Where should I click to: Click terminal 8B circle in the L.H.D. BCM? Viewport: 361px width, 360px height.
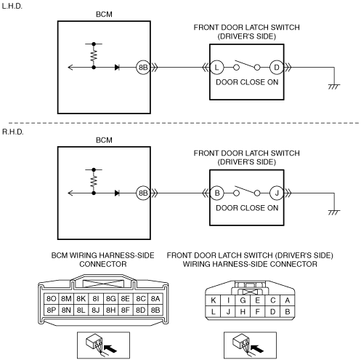143,68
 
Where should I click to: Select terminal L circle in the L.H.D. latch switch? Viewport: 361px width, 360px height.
216,68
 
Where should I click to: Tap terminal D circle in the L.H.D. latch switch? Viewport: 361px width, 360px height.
277,68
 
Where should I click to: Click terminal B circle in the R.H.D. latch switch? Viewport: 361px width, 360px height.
217,193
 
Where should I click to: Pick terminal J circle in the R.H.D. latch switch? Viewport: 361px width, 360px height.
277,193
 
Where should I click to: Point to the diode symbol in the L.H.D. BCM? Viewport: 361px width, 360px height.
117,68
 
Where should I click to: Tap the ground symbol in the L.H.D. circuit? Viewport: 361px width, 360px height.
334,87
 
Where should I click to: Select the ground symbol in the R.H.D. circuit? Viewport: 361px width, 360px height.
334,212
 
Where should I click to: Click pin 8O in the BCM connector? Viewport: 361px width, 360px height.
52,299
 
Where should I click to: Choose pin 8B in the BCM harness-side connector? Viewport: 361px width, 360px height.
155,310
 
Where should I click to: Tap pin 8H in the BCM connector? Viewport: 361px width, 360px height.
110,310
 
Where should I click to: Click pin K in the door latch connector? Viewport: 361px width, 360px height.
213,300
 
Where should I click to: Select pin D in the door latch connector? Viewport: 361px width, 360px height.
272,311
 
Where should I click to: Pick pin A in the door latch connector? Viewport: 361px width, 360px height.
288,300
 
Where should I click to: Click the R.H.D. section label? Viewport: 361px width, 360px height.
13,132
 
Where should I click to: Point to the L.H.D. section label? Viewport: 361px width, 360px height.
12,6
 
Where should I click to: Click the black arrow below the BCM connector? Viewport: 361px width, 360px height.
110,348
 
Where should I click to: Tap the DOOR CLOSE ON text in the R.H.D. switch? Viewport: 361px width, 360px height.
247,208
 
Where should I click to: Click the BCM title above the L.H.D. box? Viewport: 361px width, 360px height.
104,15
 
